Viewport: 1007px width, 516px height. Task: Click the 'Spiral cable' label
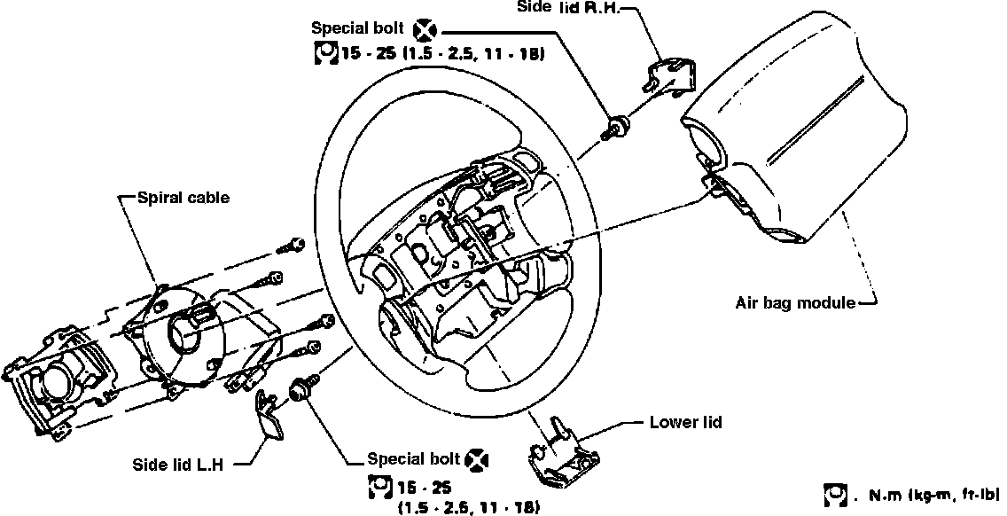(x=183, y=198)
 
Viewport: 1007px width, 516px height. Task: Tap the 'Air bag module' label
(x=795, y=302)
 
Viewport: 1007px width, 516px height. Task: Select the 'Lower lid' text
(x=685, y=422)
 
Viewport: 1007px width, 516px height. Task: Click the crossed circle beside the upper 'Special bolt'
(x=424, y=33)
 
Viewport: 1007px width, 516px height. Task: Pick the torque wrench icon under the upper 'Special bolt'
(x=325, y=55)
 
